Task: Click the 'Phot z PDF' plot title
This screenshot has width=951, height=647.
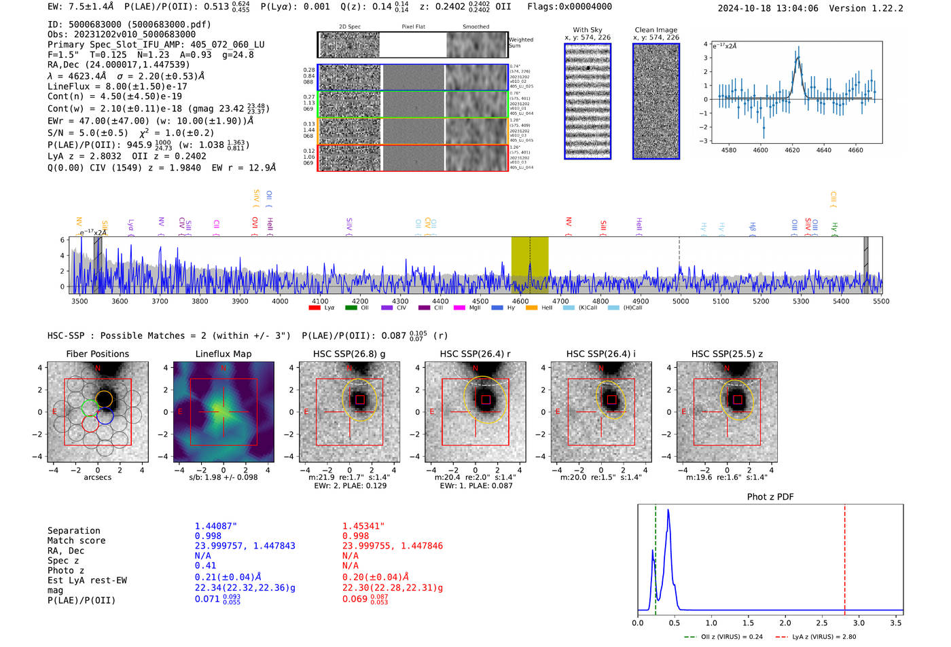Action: click(770, 496)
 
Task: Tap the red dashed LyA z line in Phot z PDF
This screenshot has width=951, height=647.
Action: click(844, 557)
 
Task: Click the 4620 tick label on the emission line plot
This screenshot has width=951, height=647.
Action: click(792, 150)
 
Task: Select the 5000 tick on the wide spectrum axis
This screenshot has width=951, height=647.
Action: click(680, 301)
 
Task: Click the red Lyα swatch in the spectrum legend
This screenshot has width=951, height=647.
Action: click(315, 308)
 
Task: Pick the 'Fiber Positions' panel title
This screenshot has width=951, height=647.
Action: click(97, 354)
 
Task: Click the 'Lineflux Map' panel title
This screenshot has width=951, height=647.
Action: click(223, 354)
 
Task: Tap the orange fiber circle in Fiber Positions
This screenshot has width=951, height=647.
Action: click(104, 398)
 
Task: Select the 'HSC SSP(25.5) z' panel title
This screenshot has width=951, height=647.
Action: click(727, 354)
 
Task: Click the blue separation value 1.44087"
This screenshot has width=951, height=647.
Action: click(215, 526)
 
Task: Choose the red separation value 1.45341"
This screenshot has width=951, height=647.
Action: click(363, 526)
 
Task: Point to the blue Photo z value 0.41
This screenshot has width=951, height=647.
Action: click(205, 566)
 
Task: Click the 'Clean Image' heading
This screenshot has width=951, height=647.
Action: click(656, 30)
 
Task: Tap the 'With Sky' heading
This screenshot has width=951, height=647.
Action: click(587, 30)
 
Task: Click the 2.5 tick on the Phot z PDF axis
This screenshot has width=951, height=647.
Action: click(822, 623)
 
